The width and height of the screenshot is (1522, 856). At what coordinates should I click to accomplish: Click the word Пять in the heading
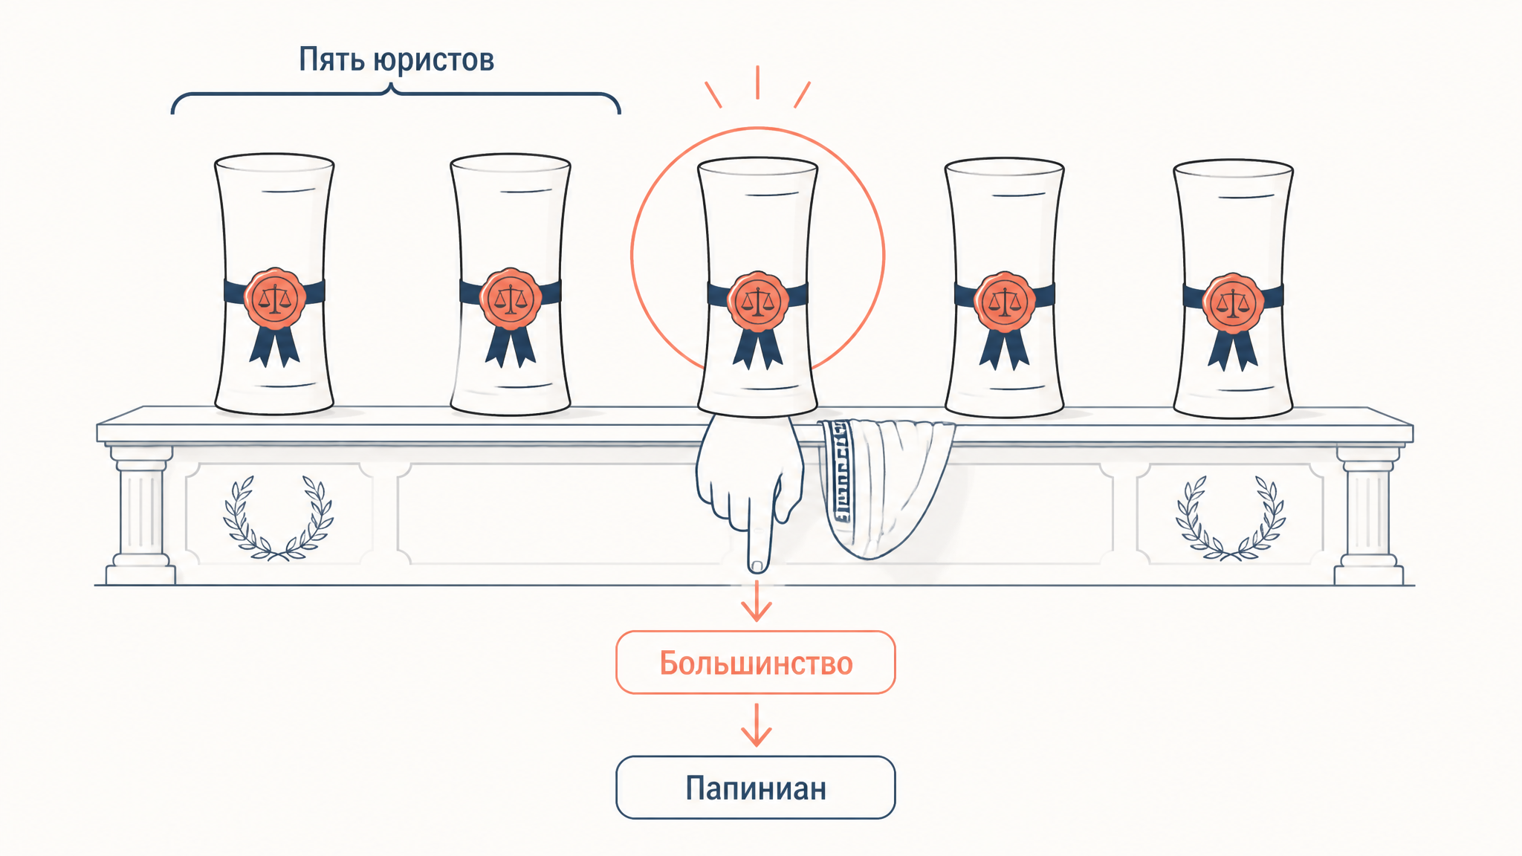tap(331, 59)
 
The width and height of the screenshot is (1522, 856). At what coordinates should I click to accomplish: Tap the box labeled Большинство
tap(756, 663)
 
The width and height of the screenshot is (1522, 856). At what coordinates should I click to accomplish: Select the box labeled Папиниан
tap(756, 788)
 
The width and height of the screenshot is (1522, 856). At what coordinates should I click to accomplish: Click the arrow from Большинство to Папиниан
tap(757, 724)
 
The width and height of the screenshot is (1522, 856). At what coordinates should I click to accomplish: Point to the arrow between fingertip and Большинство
tap(757, 600)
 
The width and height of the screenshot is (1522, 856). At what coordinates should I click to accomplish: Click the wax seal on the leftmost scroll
tap(275, 299)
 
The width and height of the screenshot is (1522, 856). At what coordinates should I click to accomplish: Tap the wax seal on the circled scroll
tap(757, 301)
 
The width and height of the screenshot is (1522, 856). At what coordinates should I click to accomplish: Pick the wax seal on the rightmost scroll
tap(1233, 302)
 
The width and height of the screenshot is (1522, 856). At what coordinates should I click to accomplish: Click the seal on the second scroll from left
tap(511, 299)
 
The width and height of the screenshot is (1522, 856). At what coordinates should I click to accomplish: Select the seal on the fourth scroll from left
tap(1005, 301)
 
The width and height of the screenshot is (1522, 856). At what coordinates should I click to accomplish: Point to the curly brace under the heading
tap(395, 94)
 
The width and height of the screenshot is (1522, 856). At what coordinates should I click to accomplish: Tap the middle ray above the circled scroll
tap(757, 82)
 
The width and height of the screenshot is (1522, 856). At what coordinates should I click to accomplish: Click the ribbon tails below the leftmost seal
tap(274, 346)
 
